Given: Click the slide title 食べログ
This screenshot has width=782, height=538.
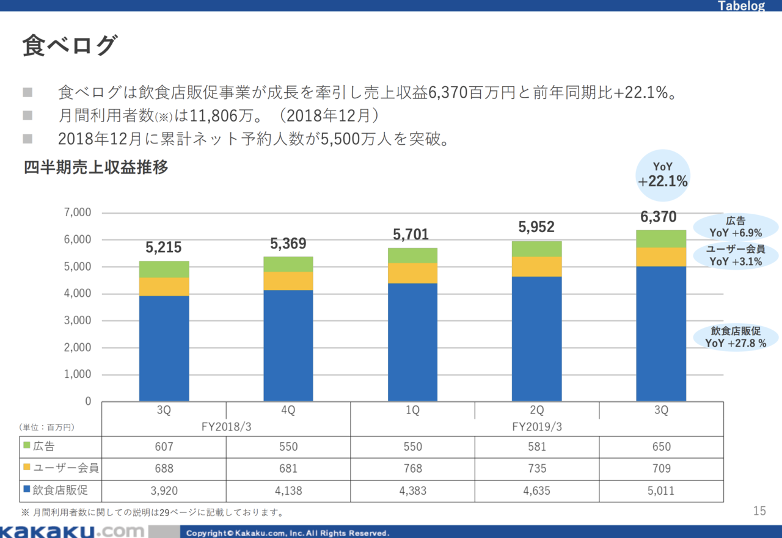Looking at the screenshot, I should click(x=69, y=46).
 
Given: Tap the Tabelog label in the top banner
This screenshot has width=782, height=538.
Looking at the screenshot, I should click(x=741, y=7).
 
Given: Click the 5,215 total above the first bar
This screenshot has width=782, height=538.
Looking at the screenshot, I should click(x=164, y=247).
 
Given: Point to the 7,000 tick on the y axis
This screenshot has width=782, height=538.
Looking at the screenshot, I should click(x=78, y=213).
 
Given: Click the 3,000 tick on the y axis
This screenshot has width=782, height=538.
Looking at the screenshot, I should click(x=78, y=321).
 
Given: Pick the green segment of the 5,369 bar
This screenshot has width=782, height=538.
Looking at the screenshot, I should click(x=288, y=264).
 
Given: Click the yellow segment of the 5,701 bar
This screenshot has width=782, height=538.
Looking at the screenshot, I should click(x=412, y=273).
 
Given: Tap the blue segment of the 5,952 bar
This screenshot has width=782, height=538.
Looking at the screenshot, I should click(x=536, y=339).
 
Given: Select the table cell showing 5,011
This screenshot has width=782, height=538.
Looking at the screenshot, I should click(x=661, y=490).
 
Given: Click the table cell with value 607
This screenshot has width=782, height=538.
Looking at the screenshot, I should click(x=164, y=446).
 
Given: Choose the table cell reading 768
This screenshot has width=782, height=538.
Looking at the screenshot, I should click(x=412, y=468).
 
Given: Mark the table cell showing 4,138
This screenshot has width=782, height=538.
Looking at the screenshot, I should click(x=288, y=490).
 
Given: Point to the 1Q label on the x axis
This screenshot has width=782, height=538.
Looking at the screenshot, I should click(x=412, y=411).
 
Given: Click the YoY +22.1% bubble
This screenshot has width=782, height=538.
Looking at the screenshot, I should click(x=663, y=175).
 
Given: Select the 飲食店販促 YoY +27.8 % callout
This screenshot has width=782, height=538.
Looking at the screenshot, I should click(x=736, y=337).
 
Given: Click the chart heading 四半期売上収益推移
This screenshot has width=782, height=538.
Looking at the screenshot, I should click(x=96, y=167).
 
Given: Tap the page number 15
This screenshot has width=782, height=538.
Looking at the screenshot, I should click(x=759, y=511).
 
